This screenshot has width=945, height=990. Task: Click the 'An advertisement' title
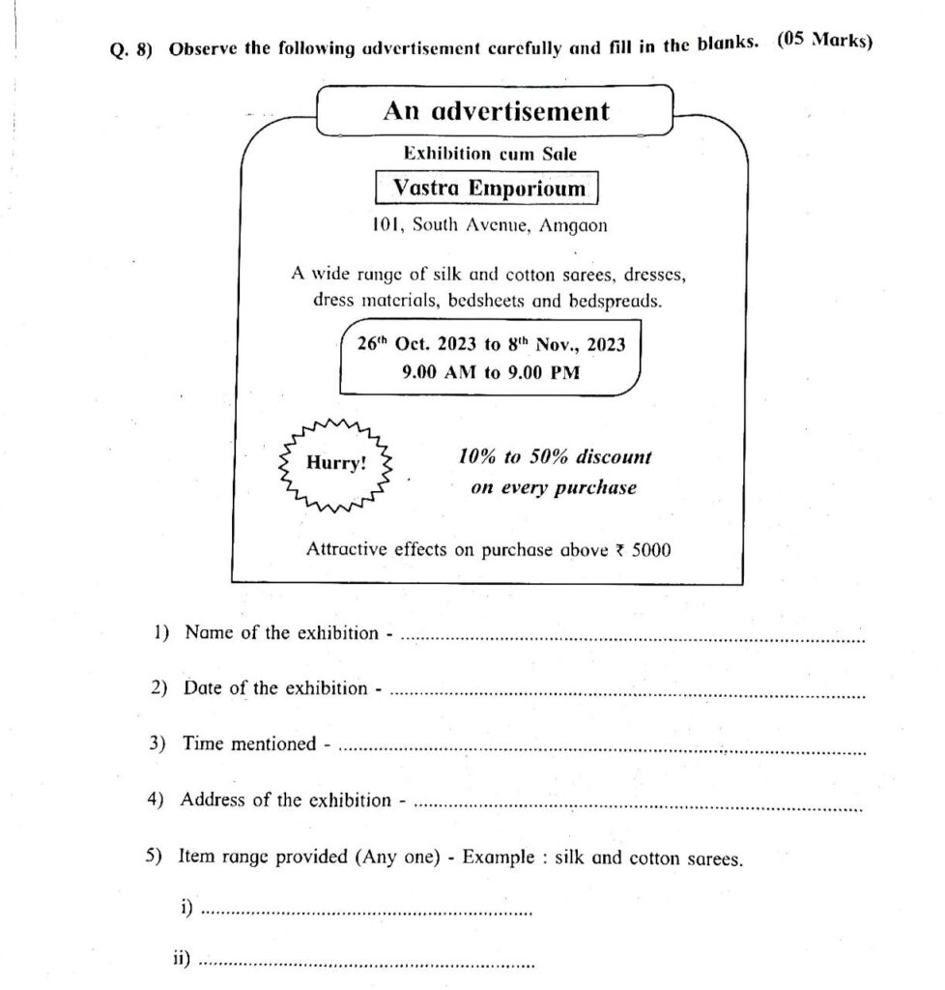click(496, 112)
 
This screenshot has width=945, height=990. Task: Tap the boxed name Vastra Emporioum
click(489, 189)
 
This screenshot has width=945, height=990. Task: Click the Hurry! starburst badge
click(336, 463)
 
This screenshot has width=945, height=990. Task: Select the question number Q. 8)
click(130, 51)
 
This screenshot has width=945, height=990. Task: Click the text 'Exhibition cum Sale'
click(491, 153)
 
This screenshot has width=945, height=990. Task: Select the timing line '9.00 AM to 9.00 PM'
click(491, 372)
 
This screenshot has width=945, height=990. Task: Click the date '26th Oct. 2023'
click(414, 345)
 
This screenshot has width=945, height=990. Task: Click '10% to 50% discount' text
click(555, 456)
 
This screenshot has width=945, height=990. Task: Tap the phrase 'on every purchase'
click(554, 487)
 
